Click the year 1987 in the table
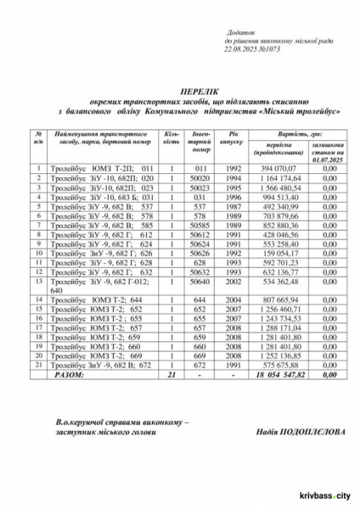tap(234, 204)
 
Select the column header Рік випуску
tap(234, 139)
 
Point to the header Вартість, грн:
tap(294, 133)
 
